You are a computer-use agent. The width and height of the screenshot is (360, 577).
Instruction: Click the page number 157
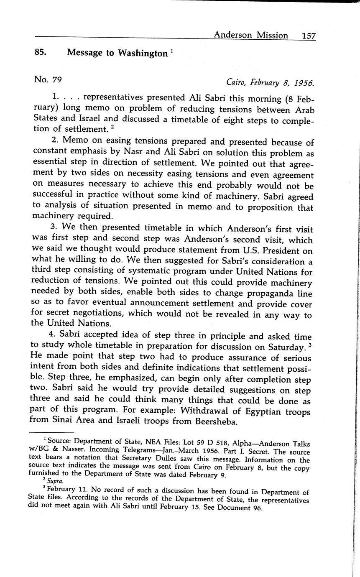click(308, 36)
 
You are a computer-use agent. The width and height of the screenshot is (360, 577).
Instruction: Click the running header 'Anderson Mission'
click(250, 36)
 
